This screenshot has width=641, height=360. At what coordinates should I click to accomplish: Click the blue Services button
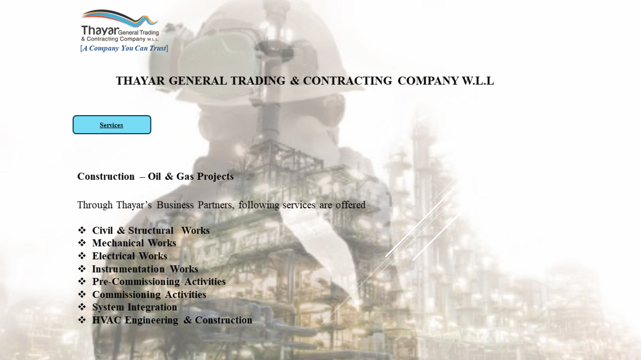coord(112,125)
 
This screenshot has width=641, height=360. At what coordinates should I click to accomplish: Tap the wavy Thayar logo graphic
coord(120,18)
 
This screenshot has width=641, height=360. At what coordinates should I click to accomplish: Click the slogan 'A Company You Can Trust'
coord(124,48)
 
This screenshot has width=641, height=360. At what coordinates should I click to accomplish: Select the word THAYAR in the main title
coord(140,81)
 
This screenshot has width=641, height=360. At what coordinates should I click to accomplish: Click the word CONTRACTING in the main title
coord(347,81)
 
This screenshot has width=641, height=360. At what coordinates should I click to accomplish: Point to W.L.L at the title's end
coord(478,81)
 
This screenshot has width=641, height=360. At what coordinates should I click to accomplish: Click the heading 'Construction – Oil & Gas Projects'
coord(155,177)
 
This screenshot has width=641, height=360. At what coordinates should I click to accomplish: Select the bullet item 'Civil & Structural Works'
coord(151,231)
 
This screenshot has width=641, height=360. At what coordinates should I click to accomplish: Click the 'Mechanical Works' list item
coord(134,243)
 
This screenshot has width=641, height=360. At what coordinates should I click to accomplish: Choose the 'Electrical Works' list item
coord(130,256)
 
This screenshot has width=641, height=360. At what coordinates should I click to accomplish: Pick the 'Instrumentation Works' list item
coord(145,269)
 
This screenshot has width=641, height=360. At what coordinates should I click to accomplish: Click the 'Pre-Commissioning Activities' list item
coord(159,282)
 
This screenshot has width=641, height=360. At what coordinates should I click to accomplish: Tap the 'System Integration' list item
coord(135,307)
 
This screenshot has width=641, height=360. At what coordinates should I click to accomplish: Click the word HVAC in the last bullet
coord(107,320)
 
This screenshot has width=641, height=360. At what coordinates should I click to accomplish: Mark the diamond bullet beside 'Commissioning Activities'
coord(82,294)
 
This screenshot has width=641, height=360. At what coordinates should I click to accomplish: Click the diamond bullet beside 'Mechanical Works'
coord(82,243)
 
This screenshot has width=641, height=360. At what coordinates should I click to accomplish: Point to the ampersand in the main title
coord(294,81)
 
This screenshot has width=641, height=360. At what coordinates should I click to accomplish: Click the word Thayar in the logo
coord(100,30)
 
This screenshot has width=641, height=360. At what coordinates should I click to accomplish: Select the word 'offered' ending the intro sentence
coord(350,205)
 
